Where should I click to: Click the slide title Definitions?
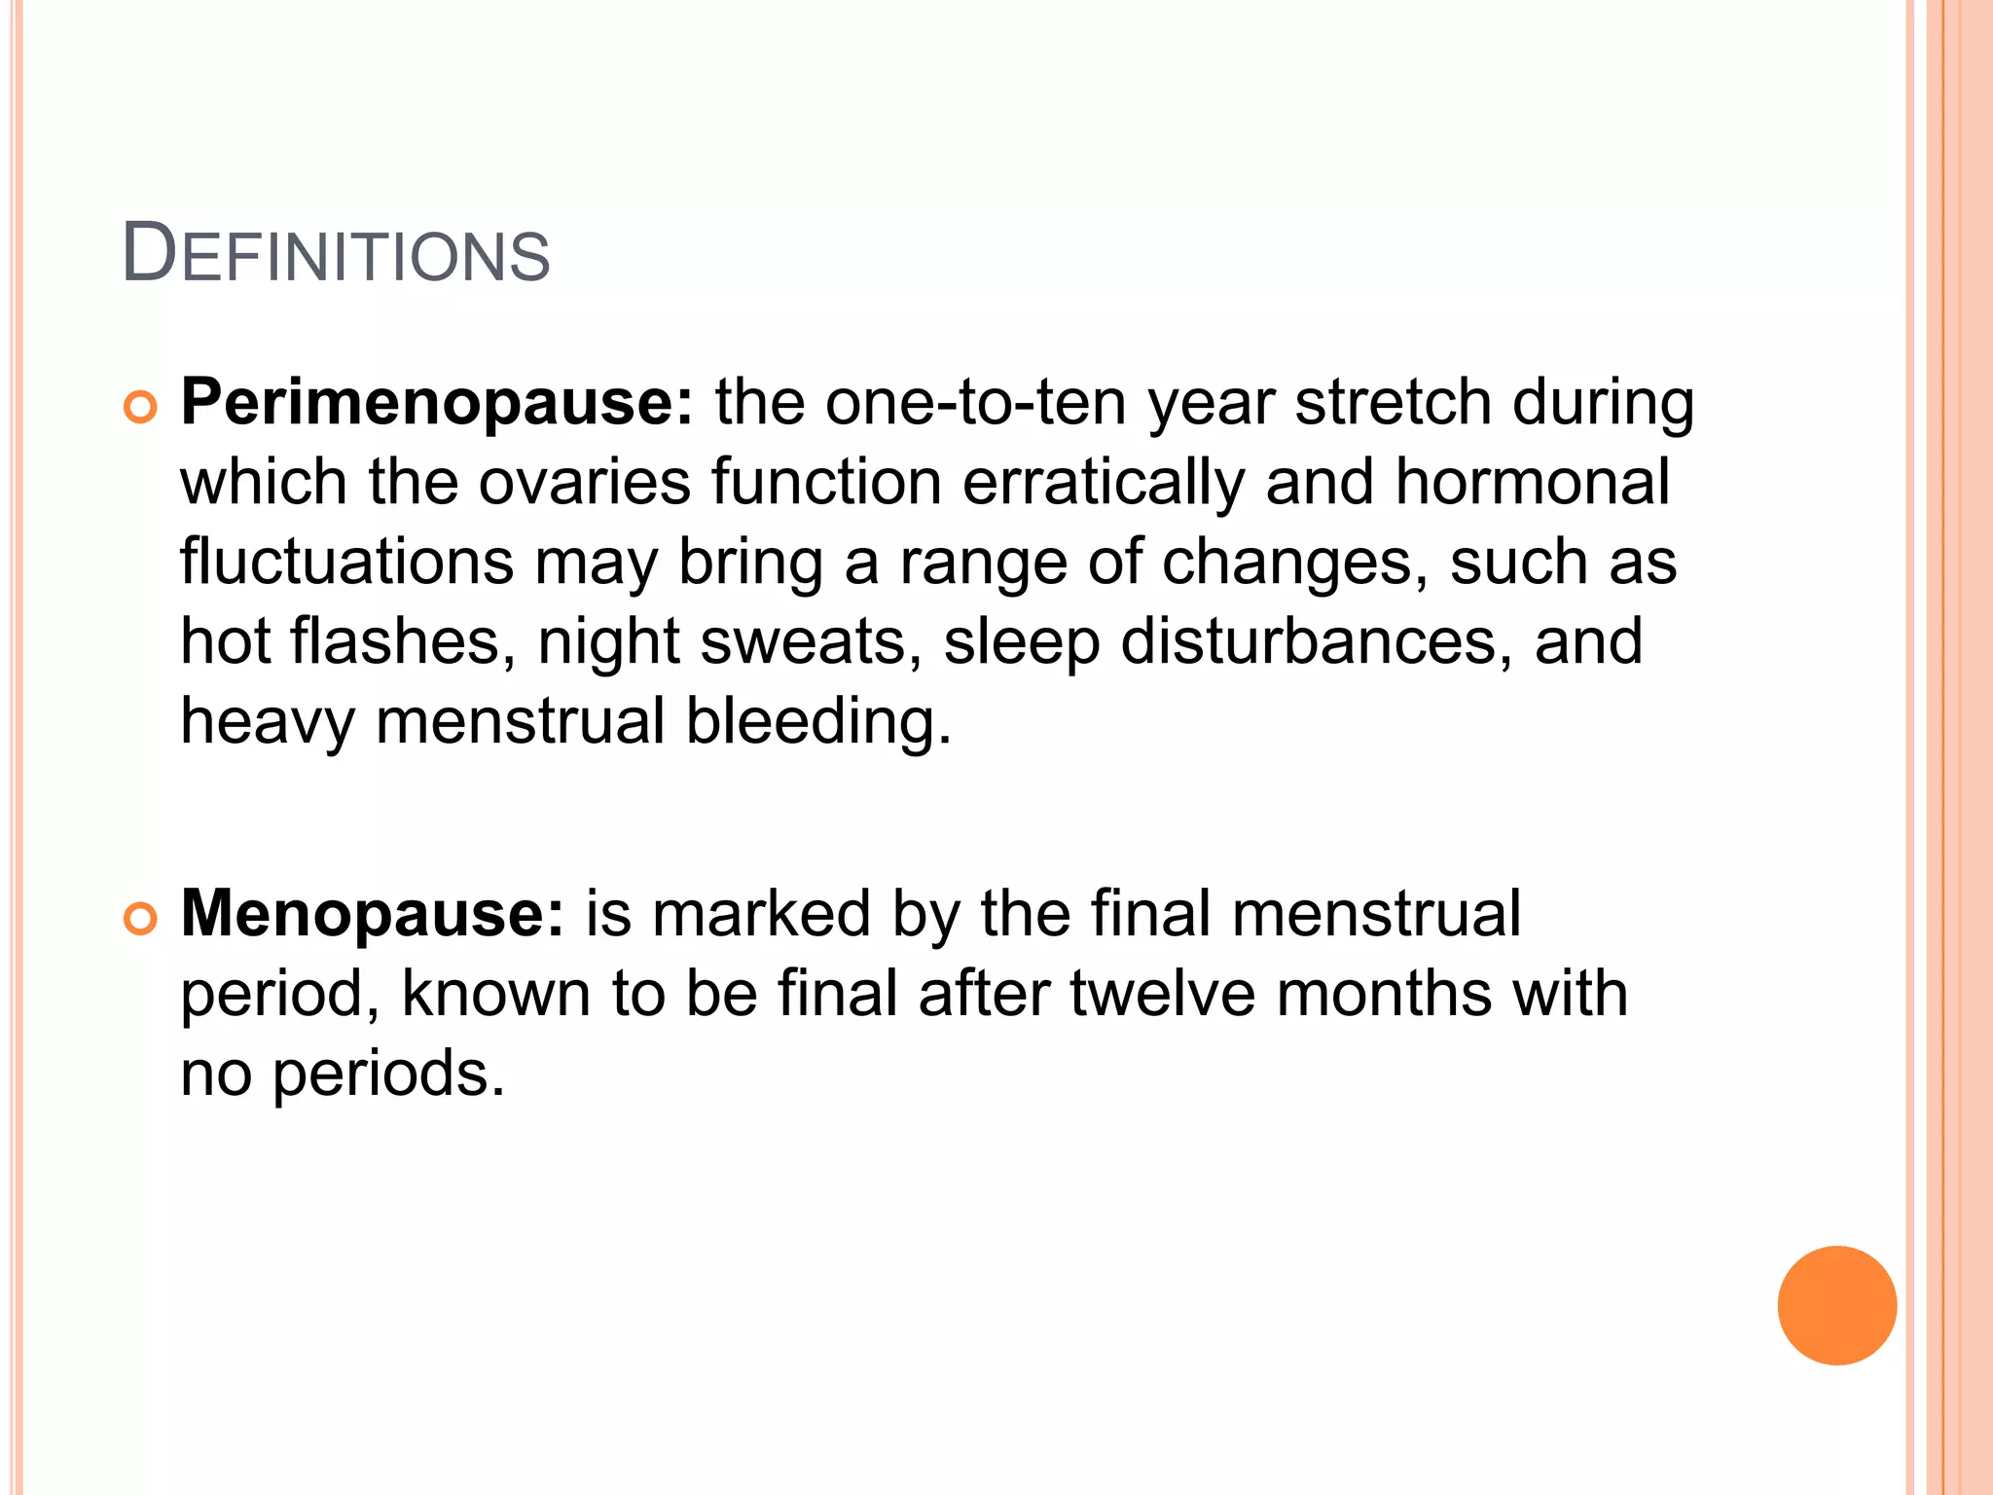coord(336,255)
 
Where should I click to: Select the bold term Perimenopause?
coord(437,402)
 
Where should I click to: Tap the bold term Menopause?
coord(372,914)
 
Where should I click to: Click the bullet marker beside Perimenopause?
coord(141,408)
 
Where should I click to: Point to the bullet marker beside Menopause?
coord(141,919)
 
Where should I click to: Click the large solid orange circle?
coord(1836,1305)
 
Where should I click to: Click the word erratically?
coord(1104,484)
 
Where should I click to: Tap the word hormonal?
coord(1532,482)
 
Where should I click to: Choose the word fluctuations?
coord(347,562)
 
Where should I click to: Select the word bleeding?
coord(817,723)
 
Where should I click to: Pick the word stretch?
coord(1393,402)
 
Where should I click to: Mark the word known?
coord(496,994)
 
